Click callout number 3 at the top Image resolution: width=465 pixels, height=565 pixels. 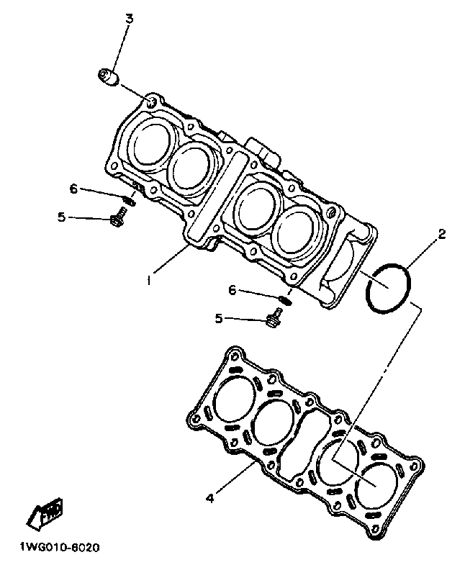click(130, 19)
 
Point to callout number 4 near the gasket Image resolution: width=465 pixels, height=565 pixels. click(209, 497)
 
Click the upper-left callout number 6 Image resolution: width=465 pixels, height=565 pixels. click(73, 189)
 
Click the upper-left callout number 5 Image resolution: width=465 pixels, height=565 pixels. click(62, 216)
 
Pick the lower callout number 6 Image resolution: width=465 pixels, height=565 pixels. click(232, 290)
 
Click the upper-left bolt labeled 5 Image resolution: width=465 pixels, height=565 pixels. click(119, 218)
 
